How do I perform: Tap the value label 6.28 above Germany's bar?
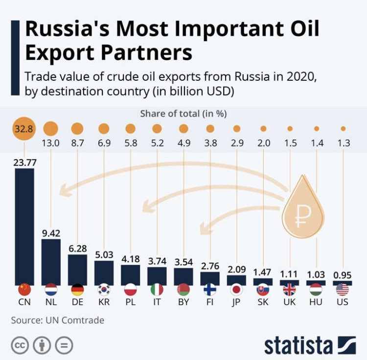(77, 249)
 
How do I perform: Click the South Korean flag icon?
(104, 288)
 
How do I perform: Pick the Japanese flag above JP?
(236, 288)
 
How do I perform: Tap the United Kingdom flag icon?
(290, 288)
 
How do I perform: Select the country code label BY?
(183, 302)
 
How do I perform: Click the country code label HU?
(316, 302)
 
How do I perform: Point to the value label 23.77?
(24, 162)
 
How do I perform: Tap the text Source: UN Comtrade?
(57, 320)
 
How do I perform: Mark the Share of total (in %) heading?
(183, 114)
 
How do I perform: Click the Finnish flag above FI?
(210, 288)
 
